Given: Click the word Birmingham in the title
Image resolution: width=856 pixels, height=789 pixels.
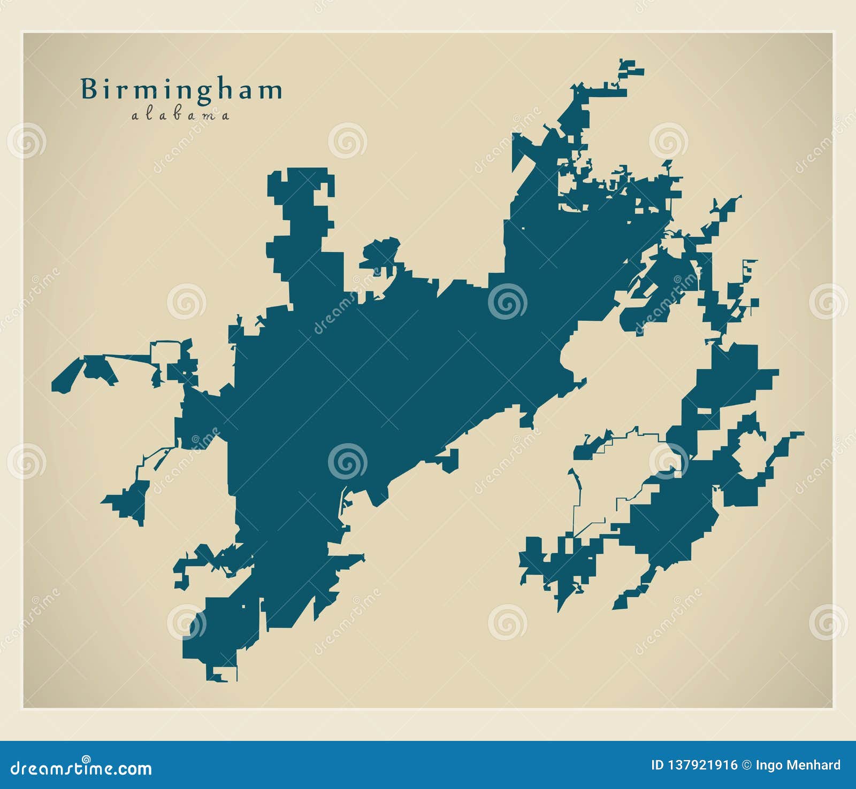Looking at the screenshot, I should point(181,90).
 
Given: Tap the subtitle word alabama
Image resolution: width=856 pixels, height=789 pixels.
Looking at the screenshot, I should point(180,115).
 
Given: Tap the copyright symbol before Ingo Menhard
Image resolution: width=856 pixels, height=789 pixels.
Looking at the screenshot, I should point(747,765).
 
